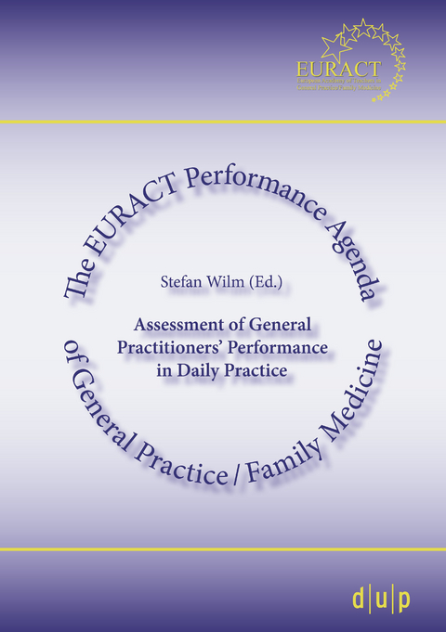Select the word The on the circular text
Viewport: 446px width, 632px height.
pyautogui.click(x=78, y=280)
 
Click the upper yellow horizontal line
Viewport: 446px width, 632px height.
pyautogui.click(x=223, y=122)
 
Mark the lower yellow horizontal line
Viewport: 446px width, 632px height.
pyautogui.click(x=223, y=549)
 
